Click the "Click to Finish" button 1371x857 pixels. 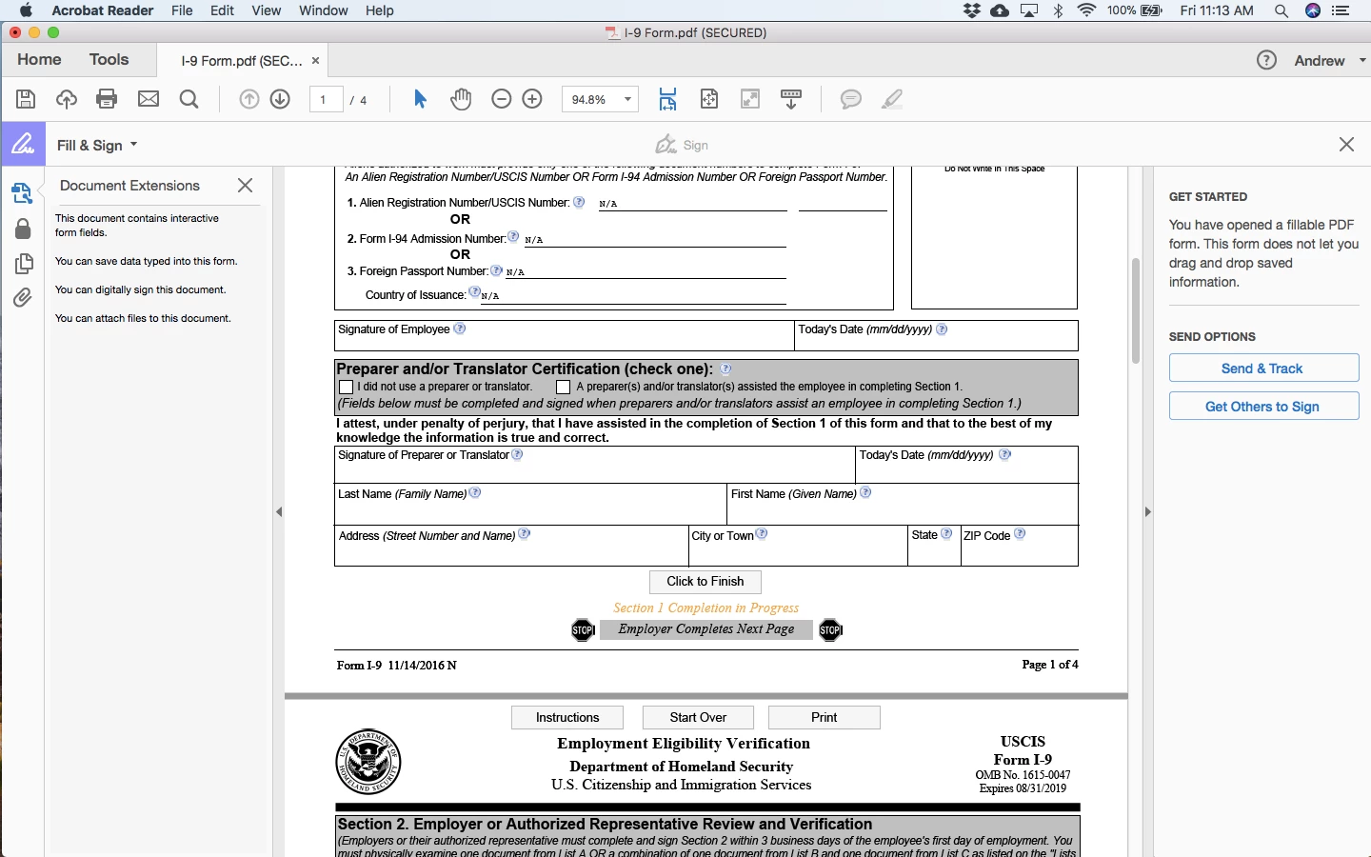[705, 582]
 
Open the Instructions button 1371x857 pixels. [567, 718]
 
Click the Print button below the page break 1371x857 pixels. [824, 718]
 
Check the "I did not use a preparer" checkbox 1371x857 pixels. [347, 388]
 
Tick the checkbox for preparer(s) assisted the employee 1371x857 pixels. [564, 388]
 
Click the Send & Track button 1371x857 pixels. [1263, 369]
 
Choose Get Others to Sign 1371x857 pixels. [1263, 407]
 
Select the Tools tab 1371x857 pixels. [109, 60]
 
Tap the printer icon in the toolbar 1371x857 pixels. [107, 99]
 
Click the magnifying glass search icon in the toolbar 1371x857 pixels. [189, 99]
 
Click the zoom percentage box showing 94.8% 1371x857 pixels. [600, 99]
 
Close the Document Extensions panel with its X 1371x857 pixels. [245, 186]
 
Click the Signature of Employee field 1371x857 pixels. [564, 340]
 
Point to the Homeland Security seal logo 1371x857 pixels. [368, 762]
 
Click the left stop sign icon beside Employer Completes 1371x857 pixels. [583, 630]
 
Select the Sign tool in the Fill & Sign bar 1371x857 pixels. [683, 145]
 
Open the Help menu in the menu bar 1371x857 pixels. [379, 10]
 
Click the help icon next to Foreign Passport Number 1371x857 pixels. [496, 270]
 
